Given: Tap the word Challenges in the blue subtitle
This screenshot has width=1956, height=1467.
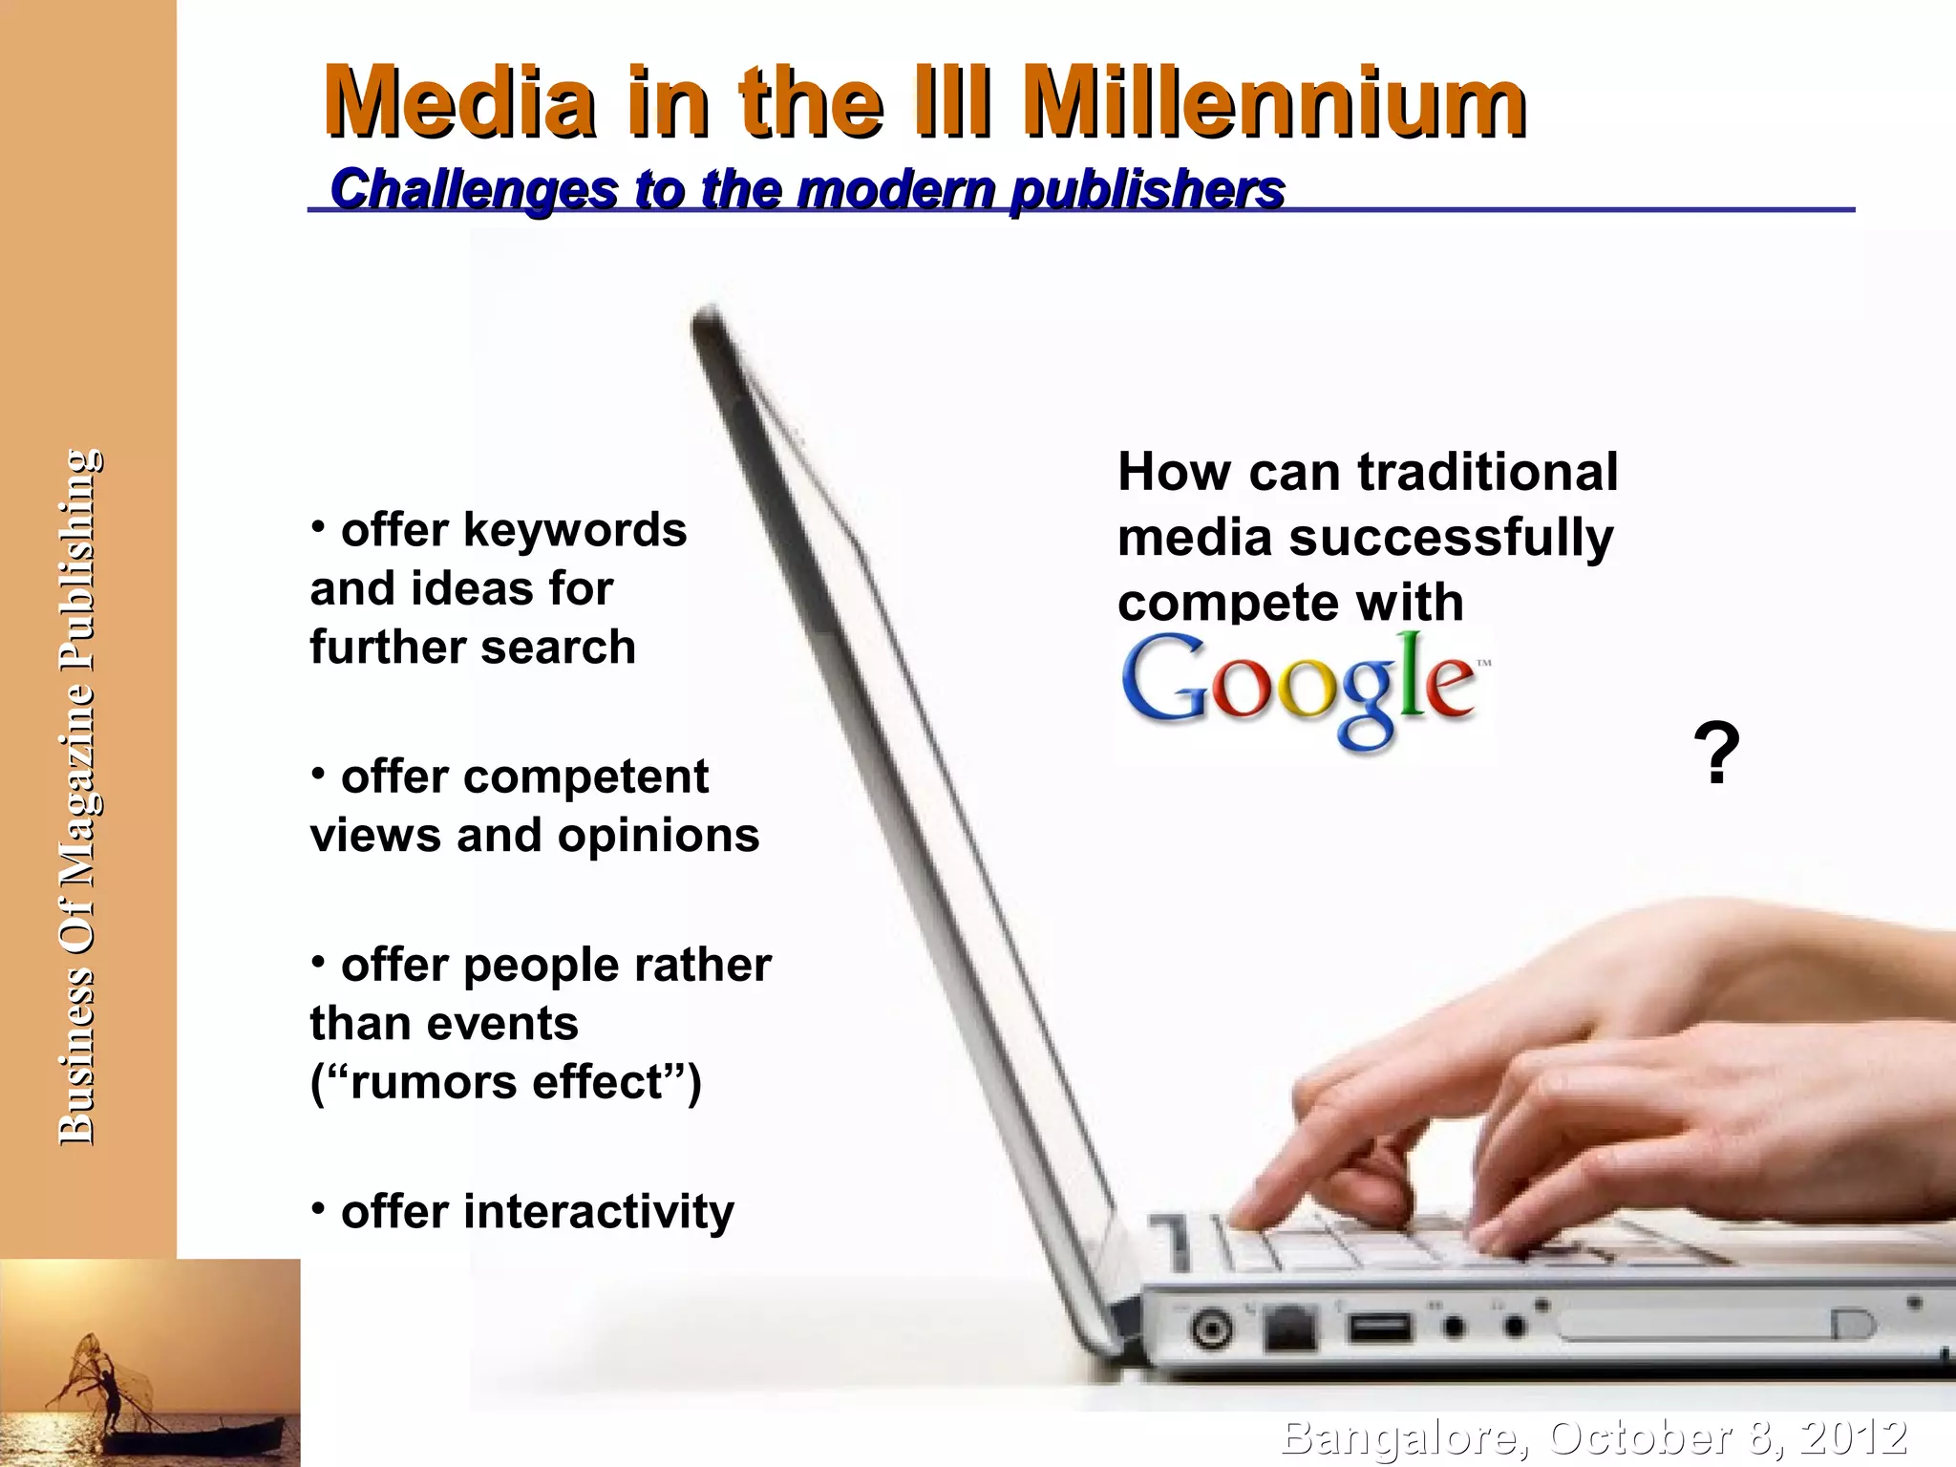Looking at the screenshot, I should [474, 189].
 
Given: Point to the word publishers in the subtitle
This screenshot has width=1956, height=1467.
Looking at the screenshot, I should [1147, 189].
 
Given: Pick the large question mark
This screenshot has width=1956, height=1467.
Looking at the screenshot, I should [1716, 755].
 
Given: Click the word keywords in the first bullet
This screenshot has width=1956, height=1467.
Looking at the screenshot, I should [575, 530].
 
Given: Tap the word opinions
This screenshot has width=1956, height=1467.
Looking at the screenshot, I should [659, 836].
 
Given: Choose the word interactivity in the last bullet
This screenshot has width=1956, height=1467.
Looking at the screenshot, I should [600, 1212].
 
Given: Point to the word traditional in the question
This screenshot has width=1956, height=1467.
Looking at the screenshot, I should [1487, 472].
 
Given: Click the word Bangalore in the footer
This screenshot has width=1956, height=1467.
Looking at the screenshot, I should [1404, 1438].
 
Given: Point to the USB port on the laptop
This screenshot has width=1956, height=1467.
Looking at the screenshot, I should [1378, 1328].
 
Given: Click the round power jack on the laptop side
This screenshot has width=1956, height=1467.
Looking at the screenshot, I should [1212, 1329].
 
